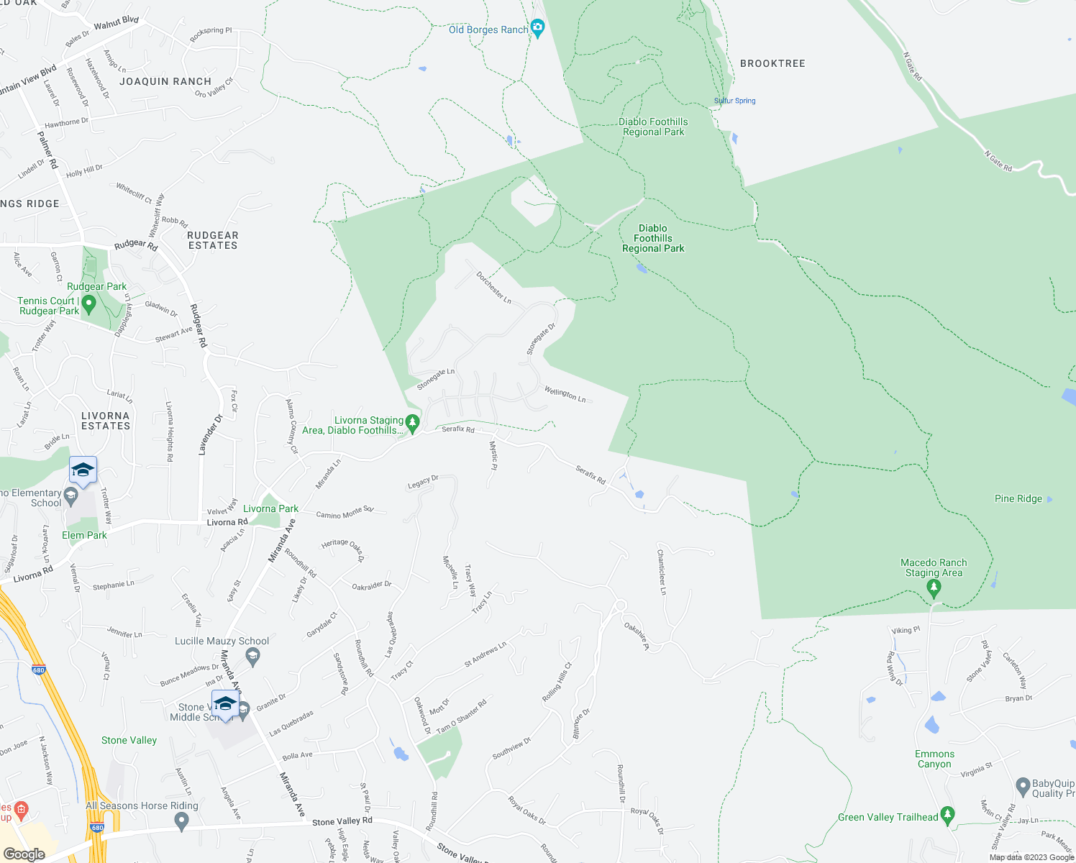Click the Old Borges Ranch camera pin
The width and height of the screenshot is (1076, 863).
[x=537, y=29]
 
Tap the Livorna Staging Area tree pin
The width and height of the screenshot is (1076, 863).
[x=412, y=424]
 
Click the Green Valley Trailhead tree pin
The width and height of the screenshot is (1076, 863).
[x=947, y=815]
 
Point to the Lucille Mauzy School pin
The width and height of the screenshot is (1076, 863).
[x=252, y=656]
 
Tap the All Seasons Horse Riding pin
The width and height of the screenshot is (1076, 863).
[x=181, y=821]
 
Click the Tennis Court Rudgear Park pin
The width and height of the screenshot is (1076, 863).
[x=89, y=304]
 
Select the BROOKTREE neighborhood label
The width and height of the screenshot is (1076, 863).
[x=772, y=63]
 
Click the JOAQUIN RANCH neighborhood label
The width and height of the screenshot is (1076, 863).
[x=165, y=81]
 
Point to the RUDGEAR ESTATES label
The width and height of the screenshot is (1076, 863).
[x=213, y=240]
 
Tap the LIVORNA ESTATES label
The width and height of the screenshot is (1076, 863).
[x=106, y=421]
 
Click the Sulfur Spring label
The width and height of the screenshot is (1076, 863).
[x=735, y=101]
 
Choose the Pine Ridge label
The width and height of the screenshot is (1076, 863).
[x=1018, y=498]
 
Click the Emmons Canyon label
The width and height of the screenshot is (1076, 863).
[x=934, y=759]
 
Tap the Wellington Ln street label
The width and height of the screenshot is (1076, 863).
[x=565, y=394]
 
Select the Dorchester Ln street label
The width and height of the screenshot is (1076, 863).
[x=493, y=287]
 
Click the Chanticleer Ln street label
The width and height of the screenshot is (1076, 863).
[x=662, y=572]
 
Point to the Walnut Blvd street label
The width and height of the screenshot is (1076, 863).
[x=116, y=23]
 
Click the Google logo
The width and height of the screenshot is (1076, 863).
[x=24, y=854]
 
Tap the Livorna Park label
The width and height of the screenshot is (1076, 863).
[x=270, y=508]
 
